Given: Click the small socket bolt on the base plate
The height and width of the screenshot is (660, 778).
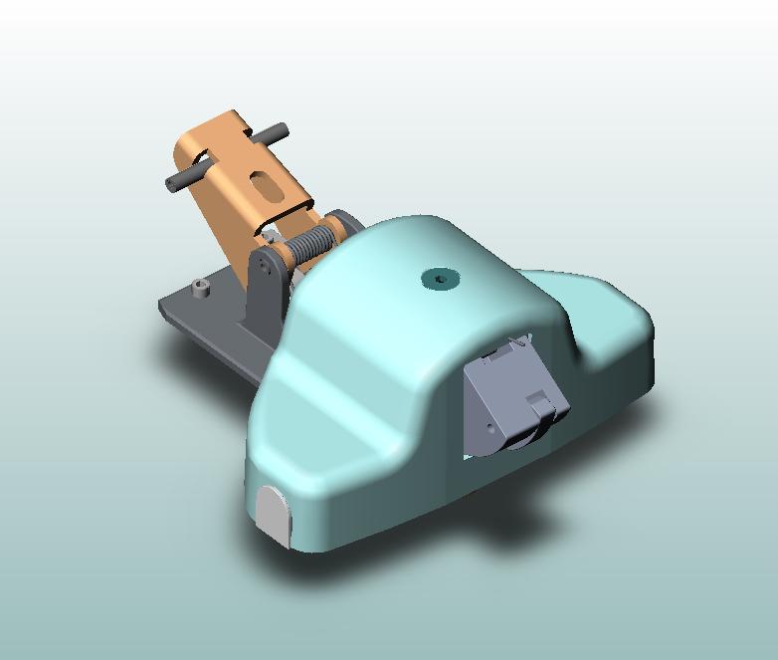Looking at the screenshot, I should (x=202, y=289).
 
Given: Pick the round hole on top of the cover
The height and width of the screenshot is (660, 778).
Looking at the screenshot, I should (x=439, y=279).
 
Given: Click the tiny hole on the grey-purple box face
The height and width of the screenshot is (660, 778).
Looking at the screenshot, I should (x=490, y=428).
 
